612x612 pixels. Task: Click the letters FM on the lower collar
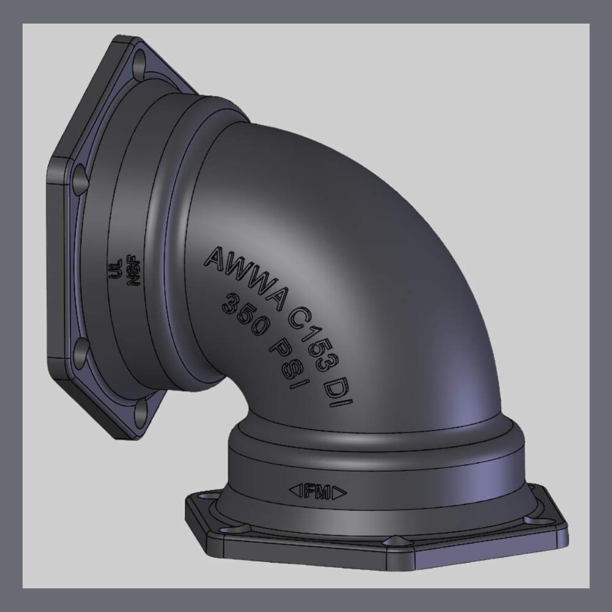[317, 491]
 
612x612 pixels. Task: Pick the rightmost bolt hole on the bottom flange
[537, 519]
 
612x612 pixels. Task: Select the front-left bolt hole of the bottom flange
[233, 529]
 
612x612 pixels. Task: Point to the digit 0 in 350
[257, 327]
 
